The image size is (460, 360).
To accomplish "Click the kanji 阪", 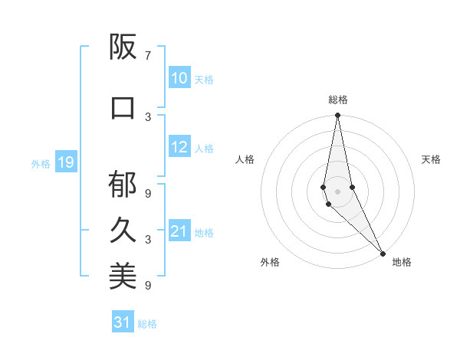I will click(x=123, y=47).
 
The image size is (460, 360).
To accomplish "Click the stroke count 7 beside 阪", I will click(x=148, y=56).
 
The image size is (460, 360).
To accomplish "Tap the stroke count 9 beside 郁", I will click(x=148, y=194).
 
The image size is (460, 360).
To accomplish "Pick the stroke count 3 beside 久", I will click(x=148, y=240).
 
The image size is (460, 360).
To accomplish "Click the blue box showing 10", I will click(x=179, y=78).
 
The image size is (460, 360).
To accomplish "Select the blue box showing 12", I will click(x=179, y=147).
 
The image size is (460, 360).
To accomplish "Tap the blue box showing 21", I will click(x=179, y=231).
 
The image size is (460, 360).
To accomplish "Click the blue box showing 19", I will click(x=65, y=162).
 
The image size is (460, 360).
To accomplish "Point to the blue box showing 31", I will click(x=122, y=322).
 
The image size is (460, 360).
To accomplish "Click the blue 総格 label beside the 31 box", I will click(x=147, y=324).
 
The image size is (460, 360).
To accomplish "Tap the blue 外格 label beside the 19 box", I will click(x=40, y=163).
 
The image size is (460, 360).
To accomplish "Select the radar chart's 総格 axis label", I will click(x=338, y=100).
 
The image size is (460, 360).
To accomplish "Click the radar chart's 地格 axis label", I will click(x=402, y=262).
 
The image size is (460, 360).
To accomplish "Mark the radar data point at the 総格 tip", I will click(x=337, y=116).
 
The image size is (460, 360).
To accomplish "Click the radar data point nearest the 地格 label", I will click(x=383, y=253).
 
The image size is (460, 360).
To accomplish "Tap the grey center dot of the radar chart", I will click(x=337, y=191).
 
